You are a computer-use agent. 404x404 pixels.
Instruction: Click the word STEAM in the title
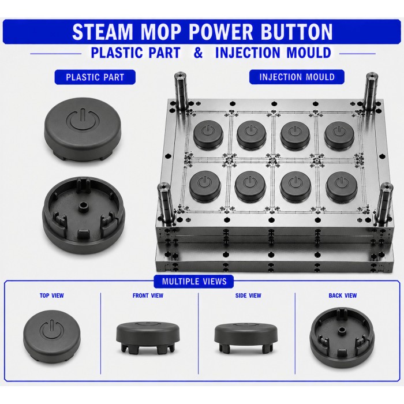coord(102,32)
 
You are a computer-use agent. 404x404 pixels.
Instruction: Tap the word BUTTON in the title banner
coord(296,32)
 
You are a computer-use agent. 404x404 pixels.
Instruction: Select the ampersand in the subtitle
coord(198,53)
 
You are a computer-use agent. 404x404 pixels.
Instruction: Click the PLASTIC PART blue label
coord(95,77)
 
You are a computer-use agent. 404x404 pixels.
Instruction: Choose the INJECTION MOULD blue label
coord(297,77)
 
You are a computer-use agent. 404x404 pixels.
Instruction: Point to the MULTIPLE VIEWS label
coord(194,281)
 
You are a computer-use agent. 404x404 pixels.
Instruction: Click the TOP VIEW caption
coord(51,295)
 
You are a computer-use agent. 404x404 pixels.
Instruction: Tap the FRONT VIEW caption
coord(148,295)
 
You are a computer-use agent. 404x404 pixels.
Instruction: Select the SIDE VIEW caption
coord(248,295)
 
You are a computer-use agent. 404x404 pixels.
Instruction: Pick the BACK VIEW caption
coord(343,295)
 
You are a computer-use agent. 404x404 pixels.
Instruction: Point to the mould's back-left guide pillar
coord(181,90)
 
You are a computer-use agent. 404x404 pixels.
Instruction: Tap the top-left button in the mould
coord(208,135)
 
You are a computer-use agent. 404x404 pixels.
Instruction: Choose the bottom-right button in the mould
coord(342,186)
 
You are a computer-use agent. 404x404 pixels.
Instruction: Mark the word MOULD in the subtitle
coord(309,53)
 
